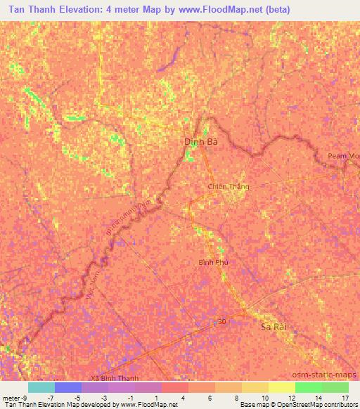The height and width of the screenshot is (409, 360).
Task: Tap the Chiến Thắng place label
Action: pos(228,187)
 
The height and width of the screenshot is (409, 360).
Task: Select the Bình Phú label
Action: pos(213,262)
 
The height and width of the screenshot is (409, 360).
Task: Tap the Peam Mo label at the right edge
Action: pos(344,155)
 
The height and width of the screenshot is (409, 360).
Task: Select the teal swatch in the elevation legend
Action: pos(41,387)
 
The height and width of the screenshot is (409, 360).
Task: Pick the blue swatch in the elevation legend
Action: pos(68,387)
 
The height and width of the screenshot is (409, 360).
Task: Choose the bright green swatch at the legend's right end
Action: pos(335,387)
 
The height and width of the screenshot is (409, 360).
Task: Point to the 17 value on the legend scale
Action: pos(348,397)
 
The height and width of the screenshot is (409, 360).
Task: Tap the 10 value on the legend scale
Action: pos(268,397)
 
